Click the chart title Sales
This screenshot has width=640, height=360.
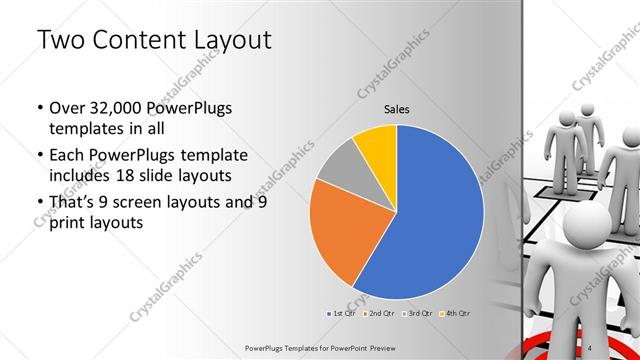[397, 110]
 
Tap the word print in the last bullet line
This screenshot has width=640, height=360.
[66, 223]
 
